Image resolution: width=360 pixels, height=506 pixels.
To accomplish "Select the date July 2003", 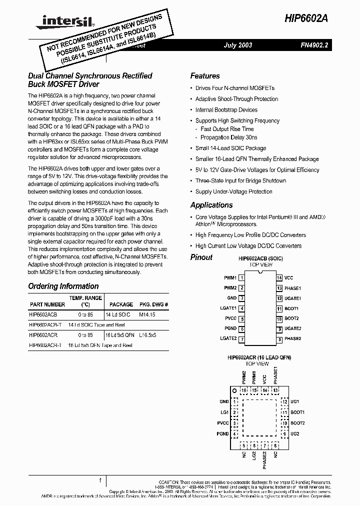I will [237, 45].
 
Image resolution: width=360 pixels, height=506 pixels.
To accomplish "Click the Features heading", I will [205, 76].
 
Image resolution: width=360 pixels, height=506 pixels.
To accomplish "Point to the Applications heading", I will [211, 205].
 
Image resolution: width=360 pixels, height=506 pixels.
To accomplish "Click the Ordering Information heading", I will [63, 286].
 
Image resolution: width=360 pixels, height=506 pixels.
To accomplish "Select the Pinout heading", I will [201, 257].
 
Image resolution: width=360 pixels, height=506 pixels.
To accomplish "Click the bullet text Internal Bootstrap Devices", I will [226, 110].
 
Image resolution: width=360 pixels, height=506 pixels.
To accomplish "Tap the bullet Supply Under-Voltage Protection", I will [233, 191].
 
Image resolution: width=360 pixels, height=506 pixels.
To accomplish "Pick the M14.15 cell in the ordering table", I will [147, 315].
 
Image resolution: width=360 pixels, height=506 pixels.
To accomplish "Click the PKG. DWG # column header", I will [153, 304].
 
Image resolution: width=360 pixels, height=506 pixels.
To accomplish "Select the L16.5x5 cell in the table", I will [147, 335].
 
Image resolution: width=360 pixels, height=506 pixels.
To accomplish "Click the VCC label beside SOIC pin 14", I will [288, 277].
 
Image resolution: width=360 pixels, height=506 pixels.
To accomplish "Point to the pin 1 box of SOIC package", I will [241, 277].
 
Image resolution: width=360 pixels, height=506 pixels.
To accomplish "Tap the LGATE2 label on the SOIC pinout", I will [228, 339].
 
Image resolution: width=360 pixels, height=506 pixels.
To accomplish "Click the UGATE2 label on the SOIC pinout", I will [292, 328].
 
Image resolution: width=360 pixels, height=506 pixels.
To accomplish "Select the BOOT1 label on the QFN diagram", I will [297, 412].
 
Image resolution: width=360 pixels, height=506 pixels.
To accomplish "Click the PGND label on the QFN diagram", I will [223, 433].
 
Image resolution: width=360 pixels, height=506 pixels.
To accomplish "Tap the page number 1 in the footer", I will [100, 480].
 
